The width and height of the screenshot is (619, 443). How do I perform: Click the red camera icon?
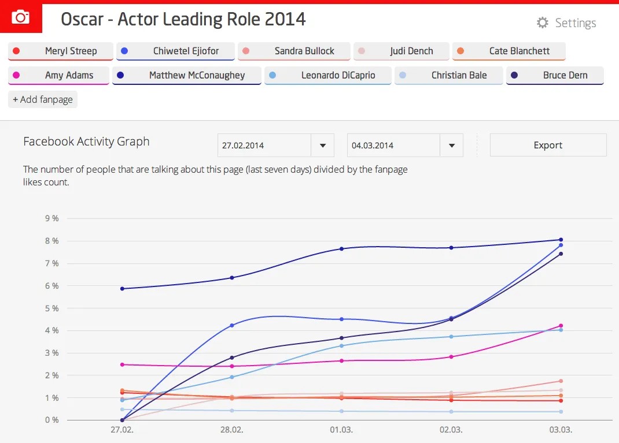[x=21, y=17]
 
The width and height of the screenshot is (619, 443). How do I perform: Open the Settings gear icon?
[x=542, y=23]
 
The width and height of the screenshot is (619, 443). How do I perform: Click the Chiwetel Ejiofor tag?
[x=175, y=51]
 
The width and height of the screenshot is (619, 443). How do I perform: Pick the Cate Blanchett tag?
[x=509, y=51]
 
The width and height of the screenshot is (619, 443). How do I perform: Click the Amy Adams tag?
[x=58, y=75]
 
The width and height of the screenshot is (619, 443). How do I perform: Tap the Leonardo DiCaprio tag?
[x=327, y=75]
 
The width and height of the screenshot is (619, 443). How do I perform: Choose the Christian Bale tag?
[x=448, y=75]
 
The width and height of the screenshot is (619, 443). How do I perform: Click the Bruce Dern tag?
[x=555, y=75]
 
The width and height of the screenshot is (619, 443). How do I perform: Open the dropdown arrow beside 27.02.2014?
[x=323, y=146]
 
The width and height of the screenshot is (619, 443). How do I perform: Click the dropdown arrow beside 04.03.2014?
[x=452, y=146]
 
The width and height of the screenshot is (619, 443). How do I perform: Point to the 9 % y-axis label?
[x=51, y=219]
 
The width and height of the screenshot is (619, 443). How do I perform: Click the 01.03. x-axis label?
[x=341, y=431]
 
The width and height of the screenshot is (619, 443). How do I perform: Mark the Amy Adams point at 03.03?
[x=561, y=326]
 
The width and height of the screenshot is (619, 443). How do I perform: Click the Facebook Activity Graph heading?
[x=86, y=142]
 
